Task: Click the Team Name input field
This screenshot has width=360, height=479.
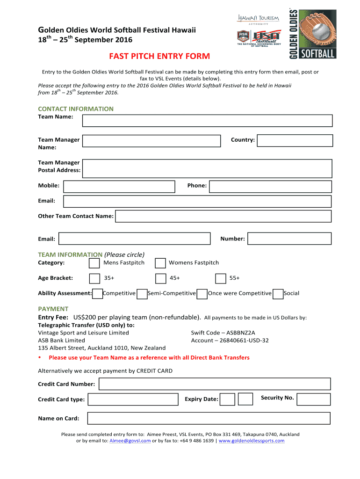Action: [207, 121]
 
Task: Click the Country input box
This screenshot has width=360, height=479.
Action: [295, 141]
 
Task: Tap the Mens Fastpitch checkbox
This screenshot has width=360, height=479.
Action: [94, 263]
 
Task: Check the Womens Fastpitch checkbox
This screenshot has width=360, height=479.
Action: [160, 263]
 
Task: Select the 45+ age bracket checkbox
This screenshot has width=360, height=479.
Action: [160, 279]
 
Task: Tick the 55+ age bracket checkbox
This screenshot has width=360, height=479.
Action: [221, 279]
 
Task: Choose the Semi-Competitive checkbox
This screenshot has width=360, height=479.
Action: [142, 294]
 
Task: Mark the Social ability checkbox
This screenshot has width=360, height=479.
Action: [277, 294]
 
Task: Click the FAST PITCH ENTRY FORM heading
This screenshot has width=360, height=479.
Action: [159, 57]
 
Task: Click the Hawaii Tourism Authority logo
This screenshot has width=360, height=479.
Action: [258, 19]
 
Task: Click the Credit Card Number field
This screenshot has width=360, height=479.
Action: [215, 384]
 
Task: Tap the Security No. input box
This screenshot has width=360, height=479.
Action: [313, 399]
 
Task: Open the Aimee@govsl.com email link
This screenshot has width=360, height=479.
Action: [130, 441]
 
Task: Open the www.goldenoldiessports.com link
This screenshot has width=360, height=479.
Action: [252, 441]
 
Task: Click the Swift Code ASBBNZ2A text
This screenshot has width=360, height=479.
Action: [223, 333]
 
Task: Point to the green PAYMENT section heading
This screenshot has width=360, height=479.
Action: [53, 309]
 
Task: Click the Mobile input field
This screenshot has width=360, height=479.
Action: [119, 187]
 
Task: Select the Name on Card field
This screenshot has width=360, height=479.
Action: [209, 418]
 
